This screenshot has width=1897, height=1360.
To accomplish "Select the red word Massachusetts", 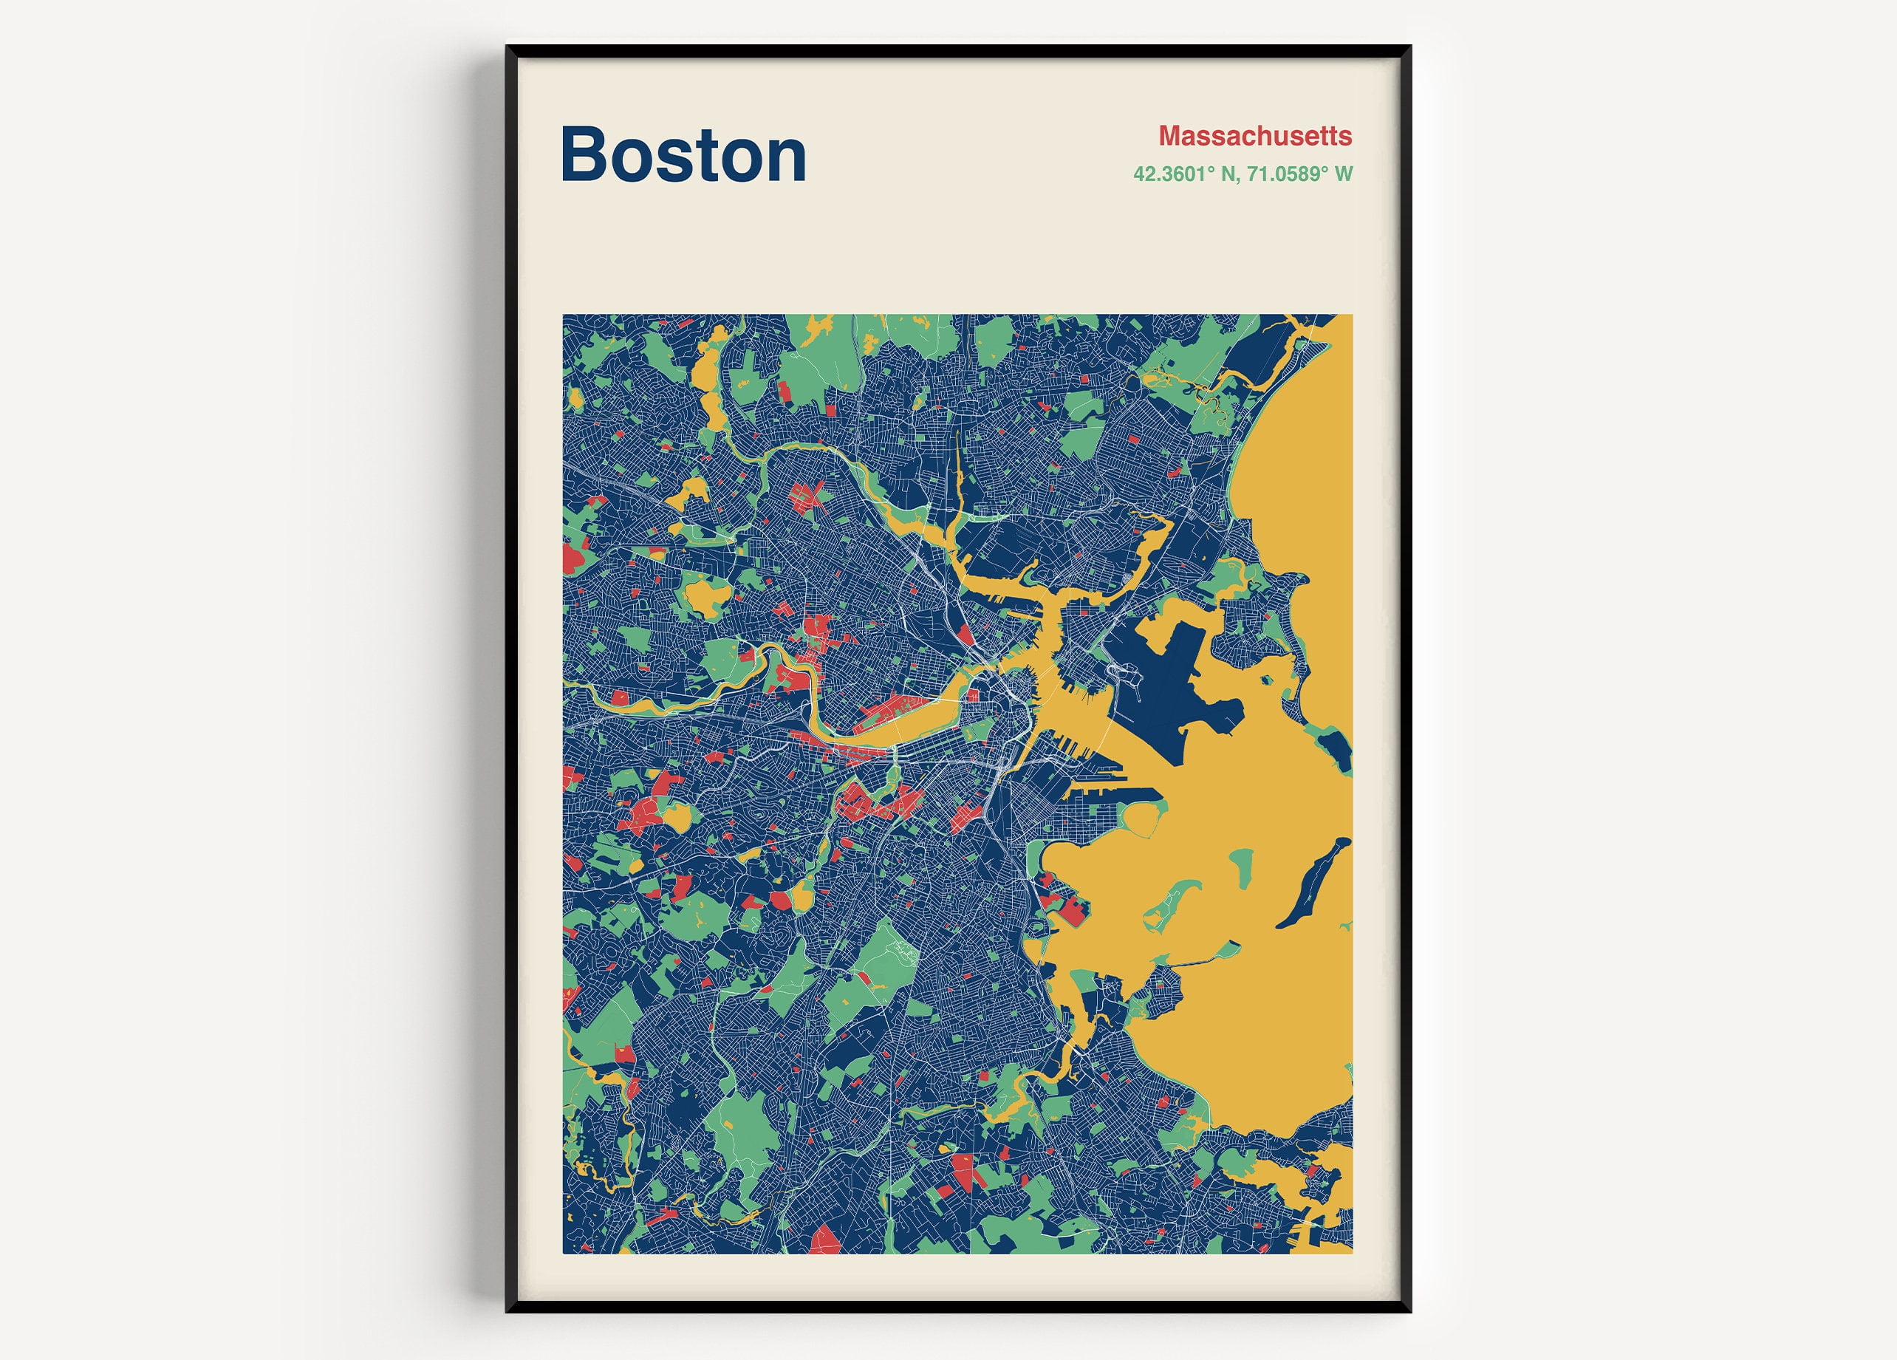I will [x=1254, y=135].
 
